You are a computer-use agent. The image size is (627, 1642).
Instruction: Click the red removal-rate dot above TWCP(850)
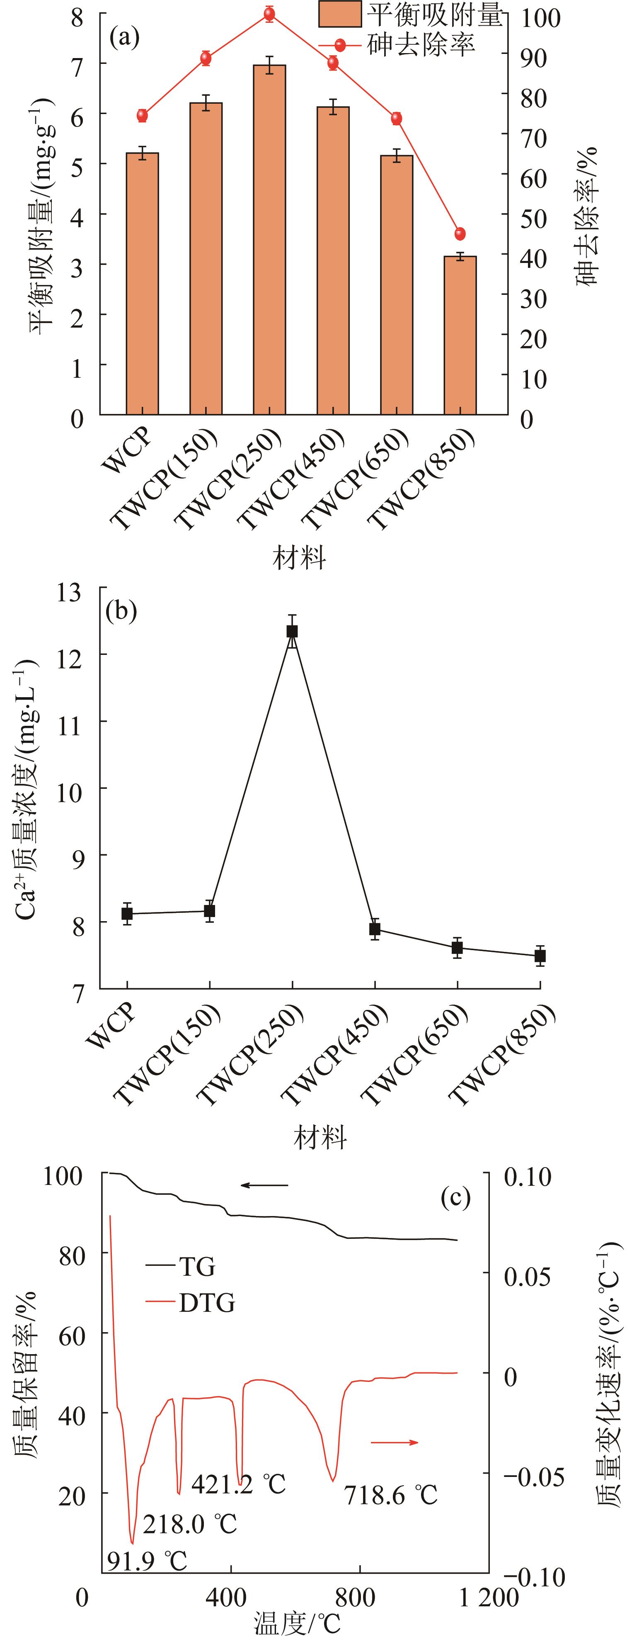click(460, 233)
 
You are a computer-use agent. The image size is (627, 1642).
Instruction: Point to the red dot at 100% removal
click(269, 14)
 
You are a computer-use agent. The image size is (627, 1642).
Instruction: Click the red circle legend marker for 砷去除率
click(340, 45)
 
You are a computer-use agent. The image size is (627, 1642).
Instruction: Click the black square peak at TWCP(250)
click(292, 631)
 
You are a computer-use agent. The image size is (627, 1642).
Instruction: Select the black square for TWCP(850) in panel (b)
click(540, 956)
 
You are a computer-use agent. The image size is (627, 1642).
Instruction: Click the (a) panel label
click(124, 38)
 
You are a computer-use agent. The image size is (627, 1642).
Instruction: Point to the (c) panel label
click(455, 1198)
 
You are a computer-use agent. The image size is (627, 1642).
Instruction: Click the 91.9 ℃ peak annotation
click(147, 1561)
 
